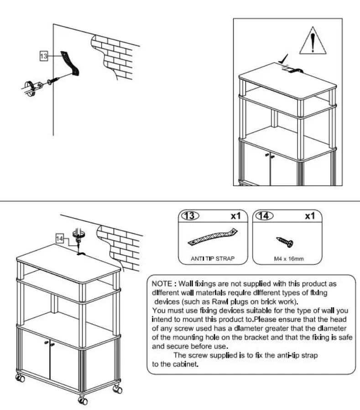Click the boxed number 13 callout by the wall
pyautogui.click(x=44, y=56)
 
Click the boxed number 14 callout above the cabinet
pyautogui.click(x=60, y=238)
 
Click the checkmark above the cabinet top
pyautogui.click(x=285, y=59)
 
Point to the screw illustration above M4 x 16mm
pyautogui.click(x=285, y=242)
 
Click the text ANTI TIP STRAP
pyautogui.click(x=212, y=258)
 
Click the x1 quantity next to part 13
pyautogui.click(x=235, y=216)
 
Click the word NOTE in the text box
pyautogui.click(x=161, y=284)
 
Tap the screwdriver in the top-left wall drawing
pyautogui.click(x=30, y=85)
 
